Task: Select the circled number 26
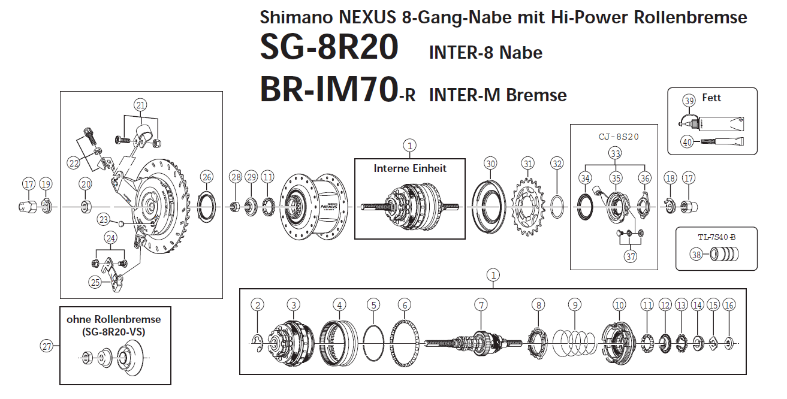point(207,177)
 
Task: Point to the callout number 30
point(491,164)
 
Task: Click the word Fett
point(711,98)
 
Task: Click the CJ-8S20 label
point(619,136)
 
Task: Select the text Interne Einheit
point(410,168)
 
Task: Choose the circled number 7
point(481,305)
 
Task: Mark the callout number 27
point(47,345)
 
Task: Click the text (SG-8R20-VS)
point(114,331)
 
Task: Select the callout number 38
point(696,255)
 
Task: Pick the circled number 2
point(258,305)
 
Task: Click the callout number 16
point(729,305)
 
